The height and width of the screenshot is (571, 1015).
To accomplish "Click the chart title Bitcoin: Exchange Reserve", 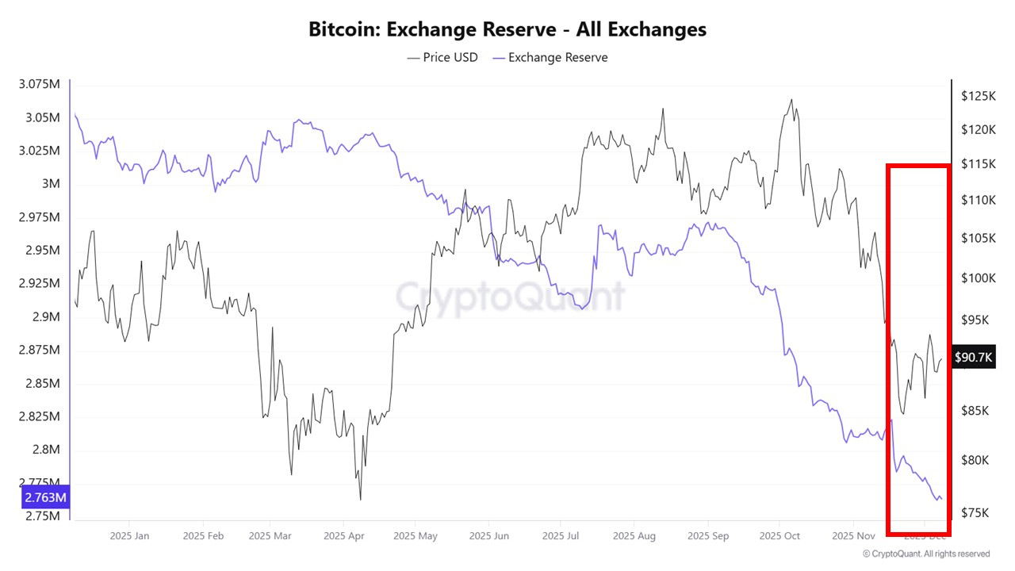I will pyautogui.click(x=507, y=30).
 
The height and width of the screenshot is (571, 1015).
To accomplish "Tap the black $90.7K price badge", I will pyautogui.click(x=973, y=358).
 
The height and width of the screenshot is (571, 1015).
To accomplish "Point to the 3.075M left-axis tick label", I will pyautogui.click(x=39, y=85).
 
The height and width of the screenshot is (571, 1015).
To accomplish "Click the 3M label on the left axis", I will pyautogui.click(x=51, y=184).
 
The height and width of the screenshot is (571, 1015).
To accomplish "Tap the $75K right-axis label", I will pyautogui.click(x=979, y=512).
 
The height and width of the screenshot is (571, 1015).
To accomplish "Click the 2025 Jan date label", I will pyautogui.click(x=131, y=536).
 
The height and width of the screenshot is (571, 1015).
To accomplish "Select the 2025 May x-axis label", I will pyautogui.click(x=416, y=536).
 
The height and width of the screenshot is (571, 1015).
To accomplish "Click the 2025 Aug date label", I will pyautogui.click(x=634, y=536).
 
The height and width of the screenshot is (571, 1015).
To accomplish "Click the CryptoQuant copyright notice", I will pyautogui.click(x=926, y=554).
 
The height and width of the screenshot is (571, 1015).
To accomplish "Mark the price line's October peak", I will pyautogui.click(x=791, y=100).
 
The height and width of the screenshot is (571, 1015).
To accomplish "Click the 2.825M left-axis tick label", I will pyautogui.click(x=39, y=416).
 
